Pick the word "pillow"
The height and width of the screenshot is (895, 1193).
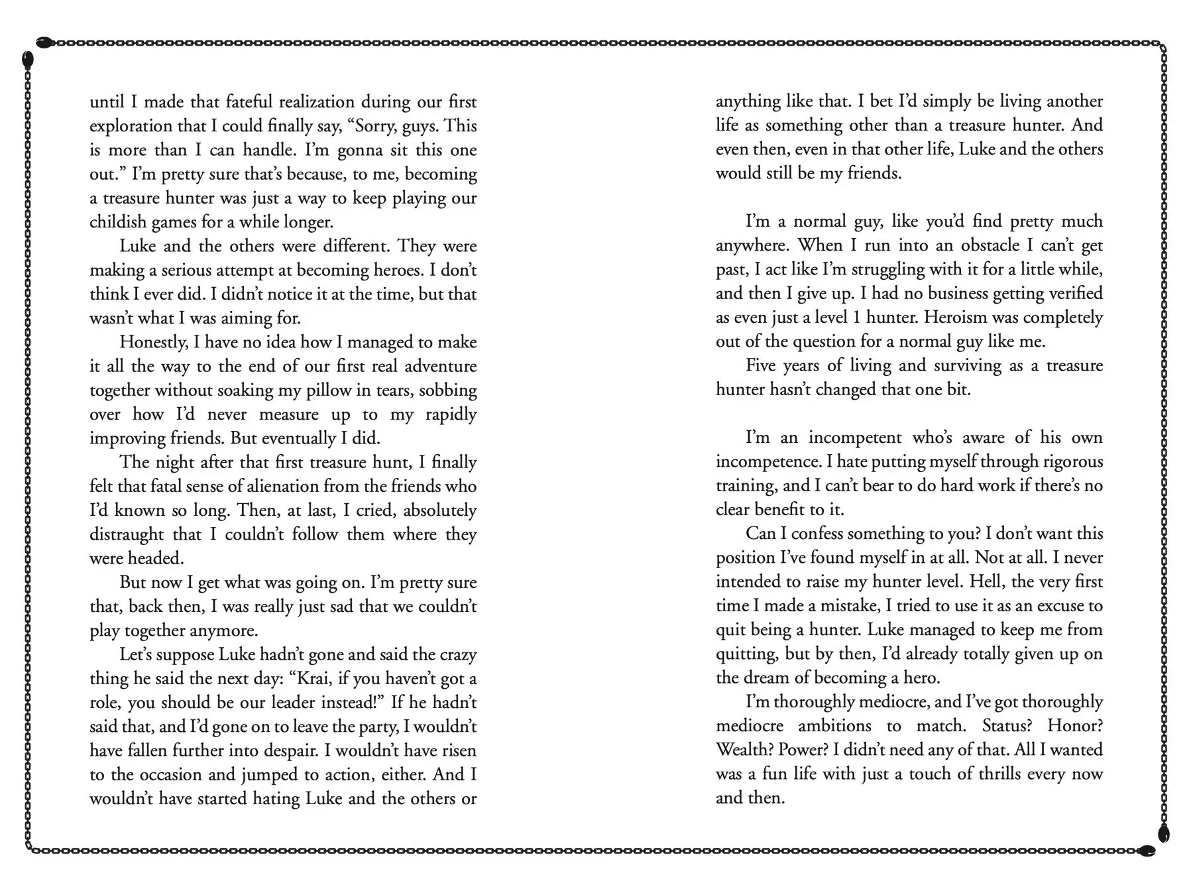[x=328, y=390]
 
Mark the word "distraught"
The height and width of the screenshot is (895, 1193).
[x=127, y=534]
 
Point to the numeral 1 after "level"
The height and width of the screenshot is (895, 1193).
[x=857, y=318]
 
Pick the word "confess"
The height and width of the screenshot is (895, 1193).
[x=817, y=534]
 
